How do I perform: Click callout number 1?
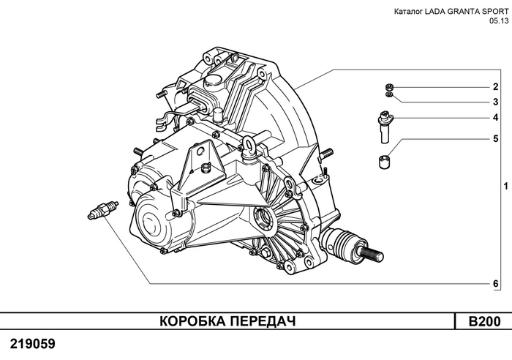pyautogui.click(x=495, y=187)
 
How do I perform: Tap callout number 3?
pyautogui.click(x=495, y=102)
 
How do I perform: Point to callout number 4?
pyautogui.click(x=495, y=118)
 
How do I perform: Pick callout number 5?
pyautogui.click(x=495, y=138)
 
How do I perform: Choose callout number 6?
pyautogui.click(x=495, y=284)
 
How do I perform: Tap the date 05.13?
pyautogui.click(x=497, y=22)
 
